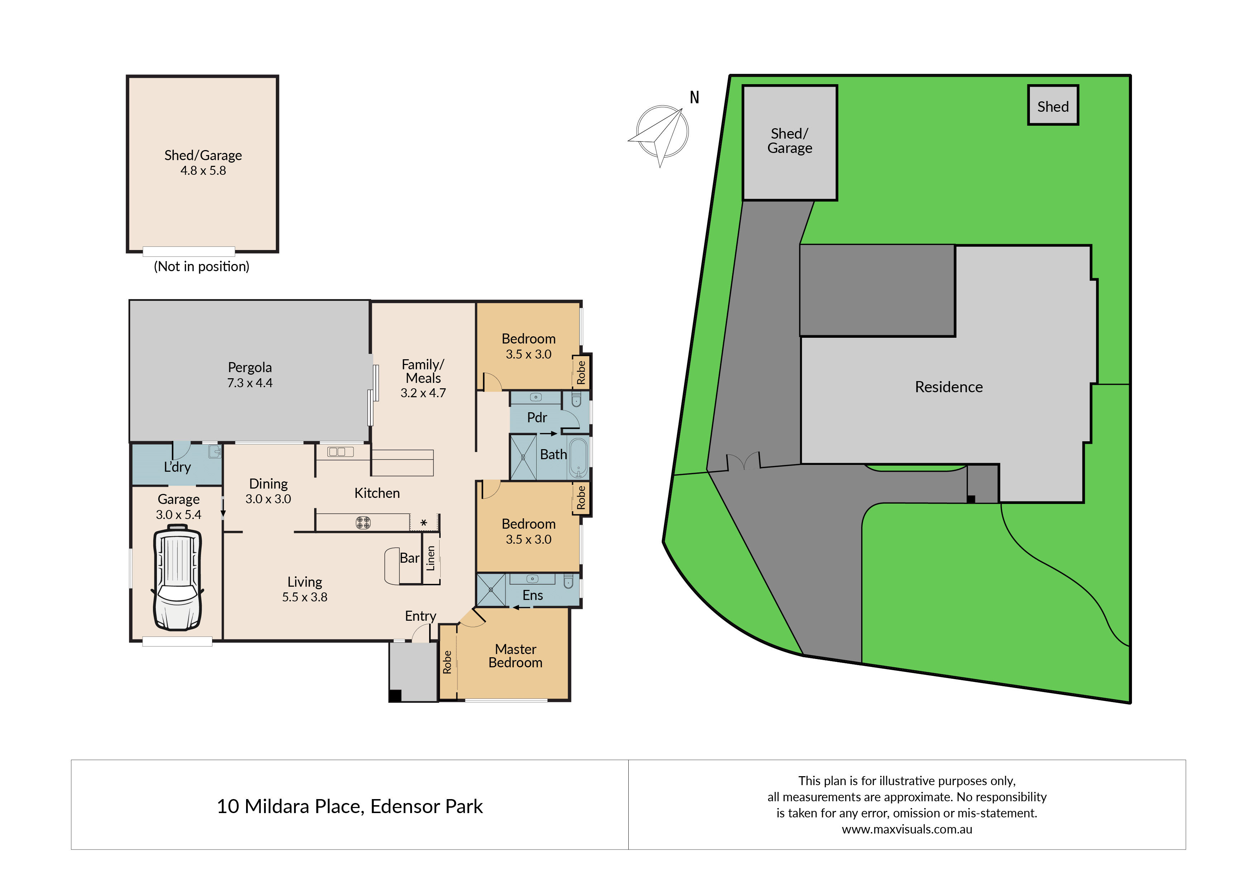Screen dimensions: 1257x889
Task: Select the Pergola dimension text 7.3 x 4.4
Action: pyautogui.click(x=250, y=383)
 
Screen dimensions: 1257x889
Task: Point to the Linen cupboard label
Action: pyautogui.click(x=431, y=558)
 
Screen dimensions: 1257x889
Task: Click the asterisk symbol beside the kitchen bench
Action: pyautogui.click(x=424, y=523)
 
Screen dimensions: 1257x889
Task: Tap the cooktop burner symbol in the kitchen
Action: pyautogui.click(x=363, y=523)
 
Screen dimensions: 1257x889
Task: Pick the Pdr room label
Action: pyautogui.click(x=537, y=418)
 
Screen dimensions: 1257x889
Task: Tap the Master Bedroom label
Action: pyautogui.click(x=516, y=656)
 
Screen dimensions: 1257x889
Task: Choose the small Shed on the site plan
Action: pyautogui.click(x=1053, y=105)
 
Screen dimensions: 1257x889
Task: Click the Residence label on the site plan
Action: pyautogui.click(x=949, y=387)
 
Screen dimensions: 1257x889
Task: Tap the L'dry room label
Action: pyautogui.click(x=177, y=467)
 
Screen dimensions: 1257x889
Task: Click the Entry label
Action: pyautogui.click(x=421, y=616)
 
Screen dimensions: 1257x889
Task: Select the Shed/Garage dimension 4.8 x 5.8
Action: pyautogui.click(x=203, y=171)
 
